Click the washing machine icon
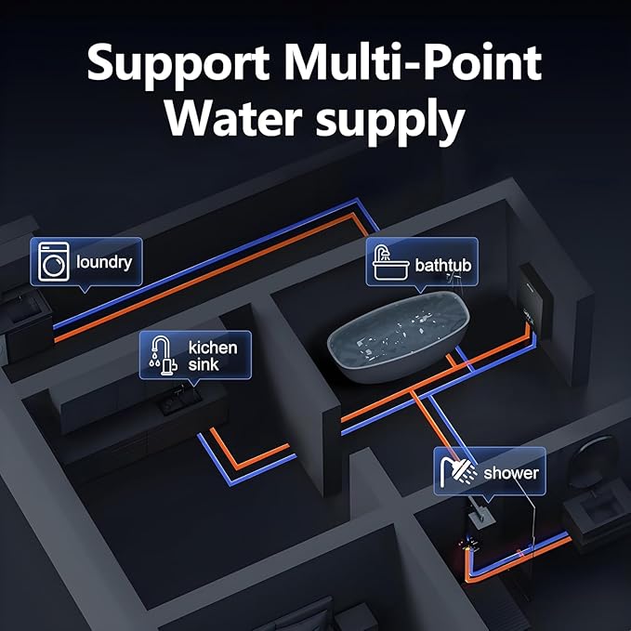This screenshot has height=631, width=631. (x=55, y=262)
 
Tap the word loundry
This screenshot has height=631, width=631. (x=104, y=261)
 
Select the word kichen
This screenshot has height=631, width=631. (x=213, y=347)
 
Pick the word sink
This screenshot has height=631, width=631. (x=204, y=364)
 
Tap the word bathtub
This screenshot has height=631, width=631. (x=443, y=266)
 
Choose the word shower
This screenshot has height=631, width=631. (x=510, y=473)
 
